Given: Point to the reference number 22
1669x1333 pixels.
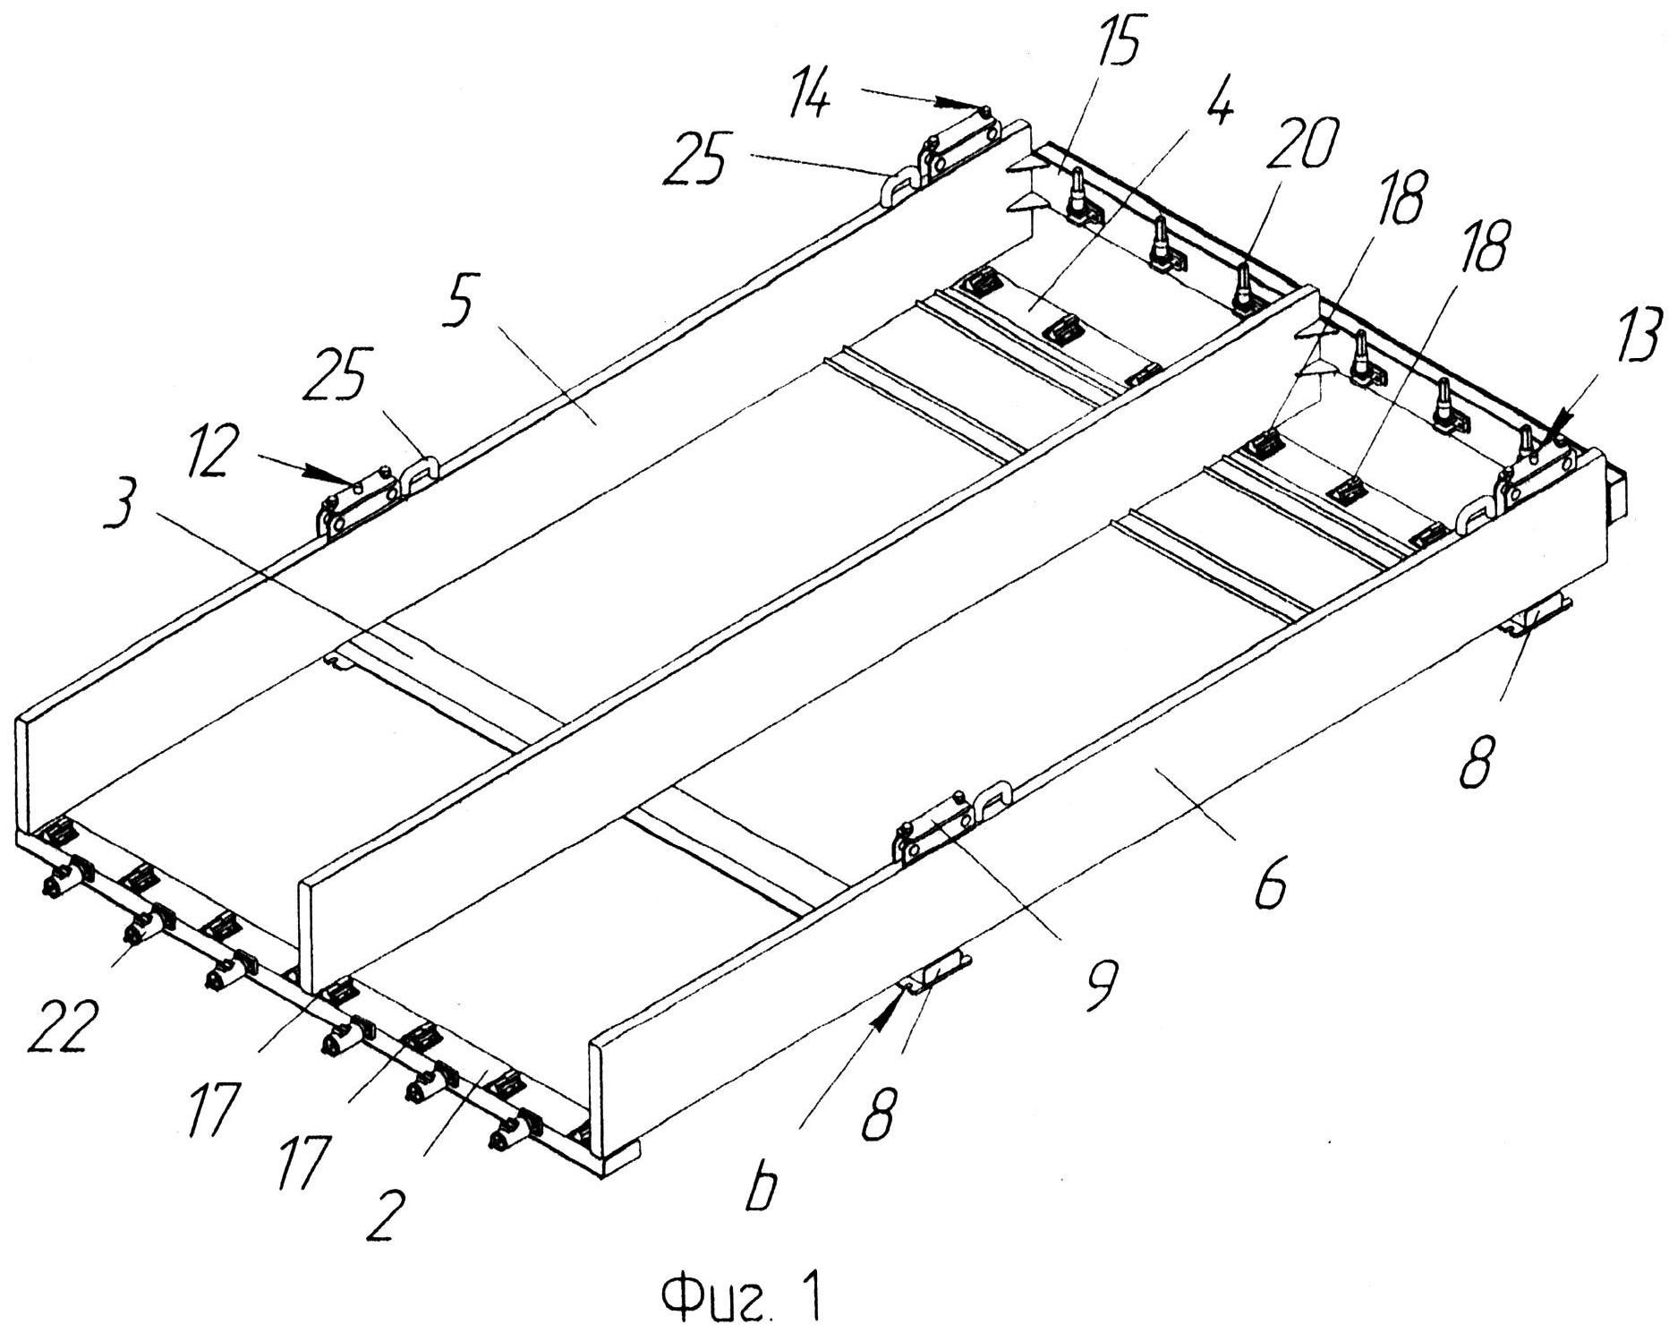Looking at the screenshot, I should click(x=61, y=1023).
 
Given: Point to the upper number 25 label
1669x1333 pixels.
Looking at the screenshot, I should click(x=693, y=158).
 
